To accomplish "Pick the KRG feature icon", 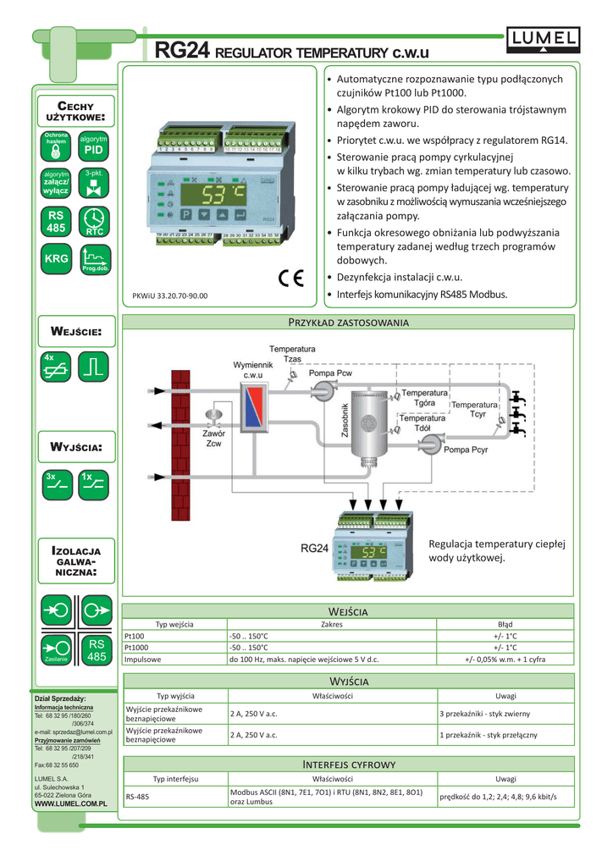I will point(57,258).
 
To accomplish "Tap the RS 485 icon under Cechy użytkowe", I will point(57,222).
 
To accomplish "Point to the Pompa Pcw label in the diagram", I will point(330,373).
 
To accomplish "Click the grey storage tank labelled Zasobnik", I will point(368,421).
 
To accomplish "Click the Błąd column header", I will point(505,624).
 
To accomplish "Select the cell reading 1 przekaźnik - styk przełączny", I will point(488,734).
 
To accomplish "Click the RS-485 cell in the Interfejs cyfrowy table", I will point(137,797).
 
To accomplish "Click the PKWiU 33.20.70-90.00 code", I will point(170,296).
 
